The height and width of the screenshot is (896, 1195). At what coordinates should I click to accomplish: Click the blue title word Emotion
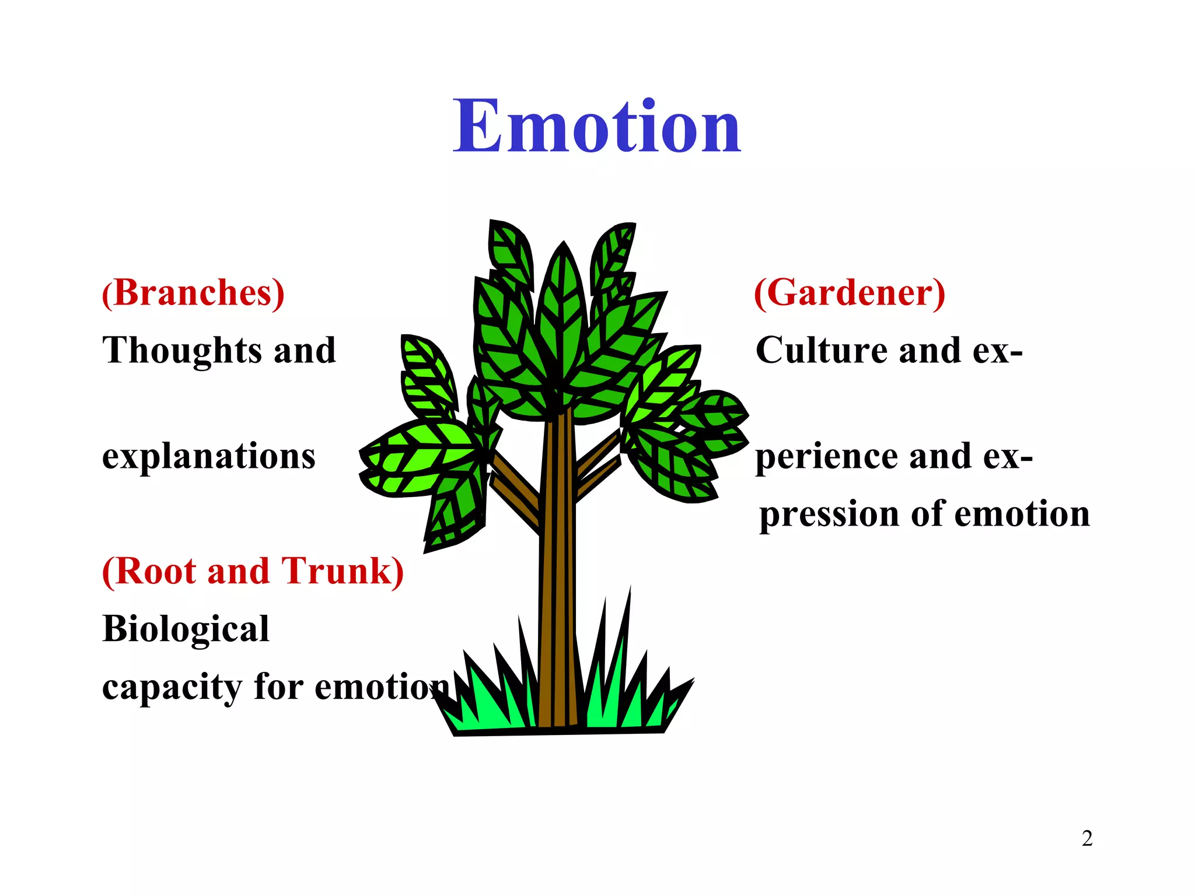(x=597, y=127)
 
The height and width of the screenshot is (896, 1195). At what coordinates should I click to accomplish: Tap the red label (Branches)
(x=193, y=293)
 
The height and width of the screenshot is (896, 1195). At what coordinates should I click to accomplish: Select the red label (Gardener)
(x=850, y=293)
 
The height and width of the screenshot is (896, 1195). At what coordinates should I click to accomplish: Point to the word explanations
(x=208, y=457)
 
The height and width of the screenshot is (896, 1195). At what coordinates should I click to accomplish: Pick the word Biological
(x=186, y=629)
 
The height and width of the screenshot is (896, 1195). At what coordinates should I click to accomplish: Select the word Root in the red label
(x=155, y=571)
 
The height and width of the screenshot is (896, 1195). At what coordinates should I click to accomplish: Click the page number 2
(x=1087, y=839)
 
